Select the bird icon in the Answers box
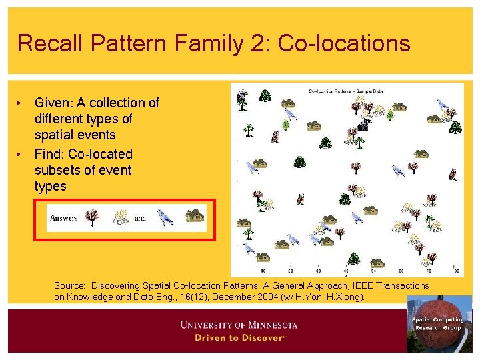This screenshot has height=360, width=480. [164, 217]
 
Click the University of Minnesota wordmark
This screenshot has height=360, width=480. [239, 325]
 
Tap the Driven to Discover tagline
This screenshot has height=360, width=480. [239, 337]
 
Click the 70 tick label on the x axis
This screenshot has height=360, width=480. [428, 271]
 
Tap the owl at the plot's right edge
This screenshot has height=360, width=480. [453, 175]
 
